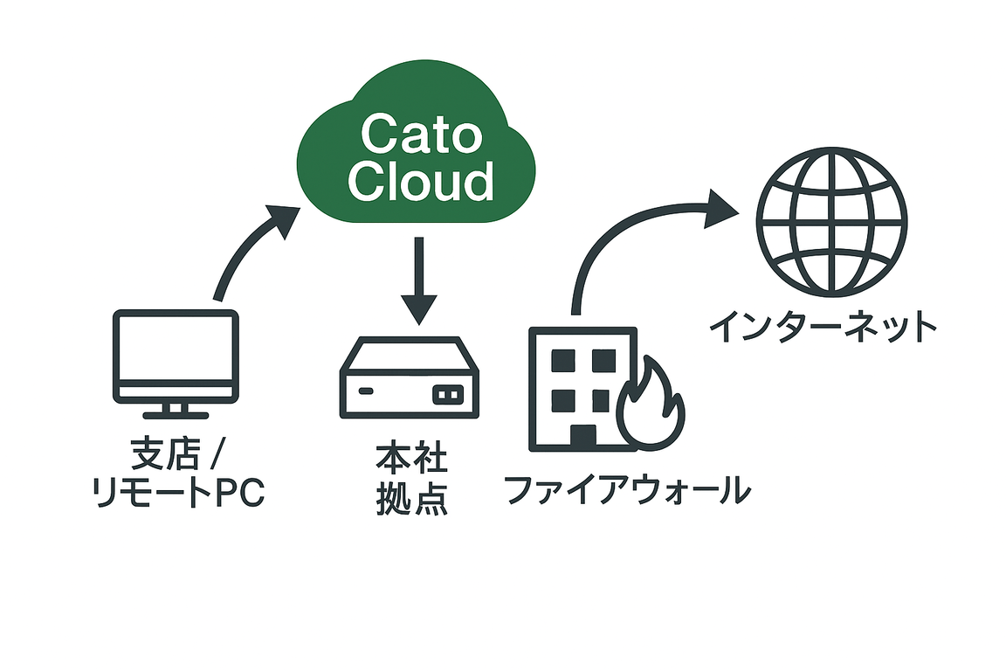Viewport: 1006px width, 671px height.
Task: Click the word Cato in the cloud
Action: pos(421,133)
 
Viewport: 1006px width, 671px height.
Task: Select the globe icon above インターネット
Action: pos(831,222)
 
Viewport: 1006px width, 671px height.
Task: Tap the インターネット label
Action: pos(823,326)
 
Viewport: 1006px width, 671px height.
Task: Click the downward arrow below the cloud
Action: pos(419,280)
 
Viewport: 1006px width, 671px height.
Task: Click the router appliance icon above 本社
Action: pos(410,377)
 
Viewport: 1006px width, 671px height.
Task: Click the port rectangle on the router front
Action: pos(448,394)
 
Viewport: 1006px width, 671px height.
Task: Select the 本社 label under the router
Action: pos(411,458)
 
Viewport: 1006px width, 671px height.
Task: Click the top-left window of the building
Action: pos(562,361)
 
